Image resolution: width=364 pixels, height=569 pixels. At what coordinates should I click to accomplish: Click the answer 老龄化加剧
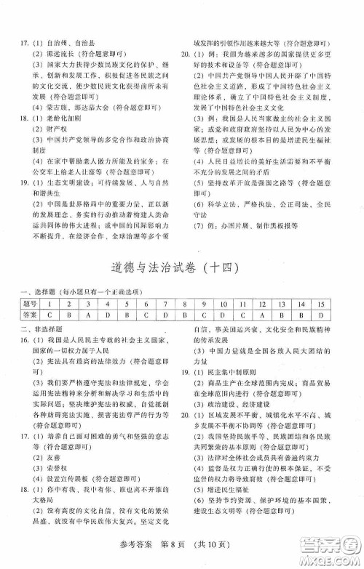(x=59, y=118)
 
